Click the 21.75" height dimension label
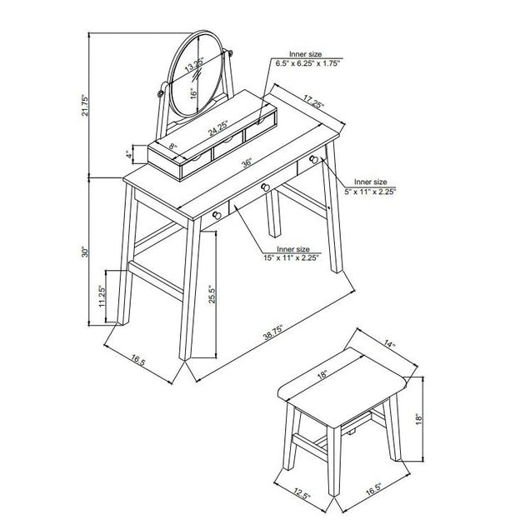coord(85,105)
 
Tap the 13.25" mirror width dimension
coord(194,64)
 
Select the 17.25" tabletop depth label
coord(313,101)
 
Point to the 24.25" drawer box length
coord(218,127)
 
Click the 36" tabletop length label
coord(247,163)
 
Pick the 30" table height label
coord(85,252)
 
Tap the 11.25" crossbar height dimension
coord(102,296)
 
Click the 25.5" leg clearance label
coord(212,294)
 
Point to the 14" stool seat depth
coord(389,343)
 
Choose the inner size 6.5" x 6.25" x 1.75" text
coord(307,58)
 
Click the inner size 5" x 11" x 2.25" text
coord(370,187)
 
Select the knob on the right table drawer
coord(313,159)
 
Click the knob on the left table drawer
coord(217,215)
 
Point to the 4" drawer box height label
coord(128,154)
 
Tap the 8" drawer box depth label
coord(172,147)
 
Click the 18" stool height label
coord(419,419)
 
